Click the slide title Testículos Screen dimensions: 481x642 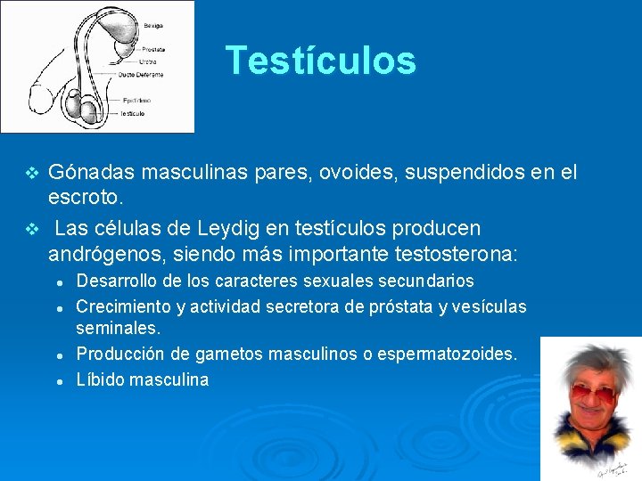[x=320, y=61]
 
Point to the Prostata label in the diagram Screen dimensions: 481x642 [x=152, y=49]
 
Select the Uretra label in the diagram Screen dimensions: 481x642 [x=147, y=62]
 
